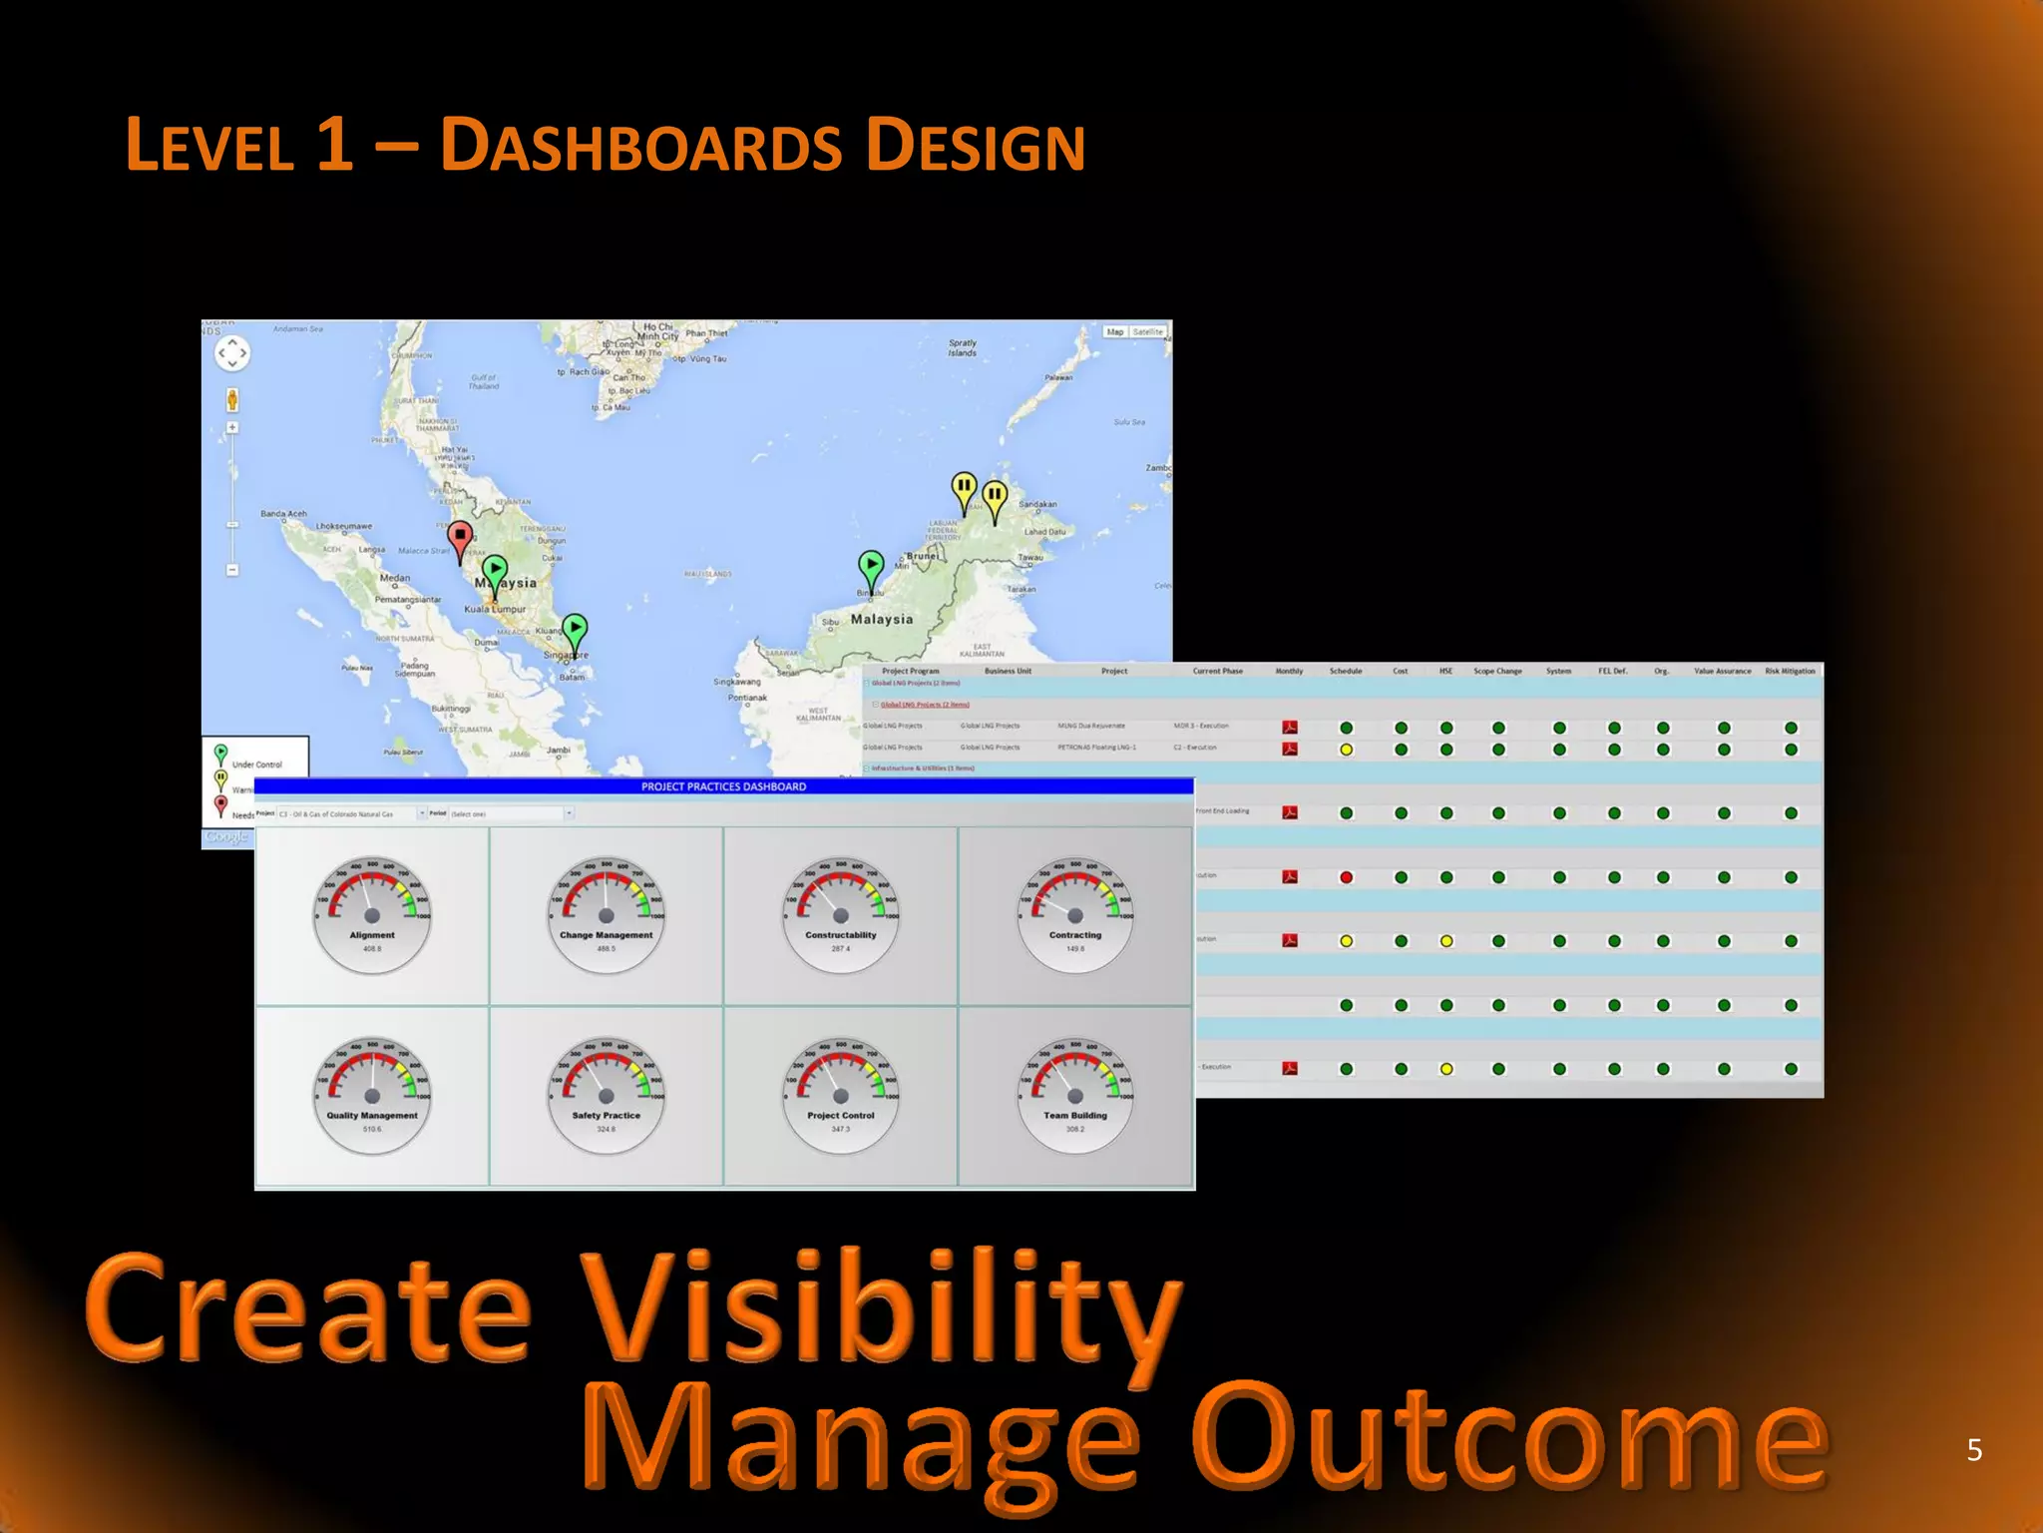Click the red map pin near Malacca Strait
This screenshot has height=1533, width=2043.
click(459, 539)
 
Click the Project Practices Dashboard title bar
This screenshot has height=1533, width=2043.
click(723, 786)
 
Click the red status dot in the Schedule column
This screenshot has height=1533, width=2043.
click(1346, 877)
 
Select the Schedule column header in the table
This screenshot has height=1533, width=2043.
click(1345, 671)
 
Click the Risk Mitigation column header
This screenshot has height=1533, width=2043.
click(1790, 671)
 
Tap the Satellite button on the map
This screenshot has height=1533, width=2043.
click(1147, 331)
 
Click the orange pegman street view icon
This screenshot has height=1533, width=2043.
click(231, 400)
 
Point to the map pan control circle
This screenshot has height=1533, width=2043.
click(231, 352)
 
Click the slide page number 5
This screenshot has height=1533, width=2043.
click(1973, 1450)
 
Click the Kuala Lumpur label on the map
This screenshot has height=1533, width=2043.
click(495, 609)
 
